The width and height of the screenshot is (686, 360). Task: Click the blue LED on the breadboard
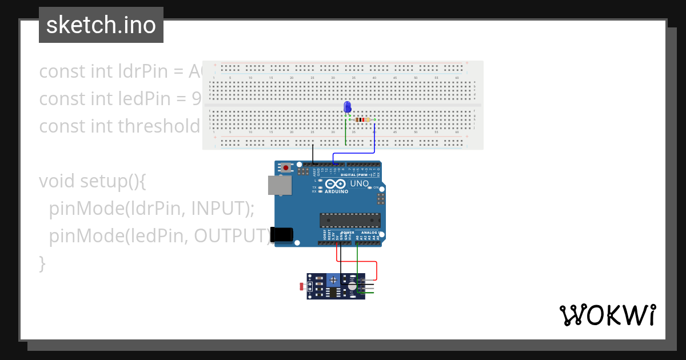coord(347,107)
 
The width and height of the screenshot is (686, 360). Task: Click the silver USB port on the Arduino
coord(280,185)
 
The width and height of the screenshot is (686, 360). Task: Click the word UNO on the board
coord(359,183)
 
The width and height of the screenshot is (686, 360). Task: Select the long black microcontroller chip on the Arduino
coord(350,220)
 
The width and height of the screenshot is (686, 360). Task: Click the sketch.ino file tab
coord(101,25)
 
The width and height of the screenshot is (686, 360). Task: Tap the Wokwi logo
coord(607,315)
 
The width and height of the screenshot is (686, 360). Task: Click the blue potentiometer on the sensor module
coord(333,280)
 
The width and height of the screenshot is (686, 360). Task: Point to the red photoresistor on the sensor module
coord(303,286)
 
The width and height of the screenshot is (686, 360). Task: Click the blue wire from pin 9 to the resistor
coord(374,140)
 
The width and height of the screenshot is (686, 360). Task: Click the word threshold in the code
coord(158,126)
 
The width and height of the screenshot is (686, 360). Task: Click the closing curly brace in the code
coord(42,263)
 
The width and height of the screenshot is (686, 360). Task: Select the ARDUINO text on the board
coord(337,191)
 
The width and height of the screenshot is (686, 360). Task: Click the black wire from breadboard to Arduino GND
coord(313,154)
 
